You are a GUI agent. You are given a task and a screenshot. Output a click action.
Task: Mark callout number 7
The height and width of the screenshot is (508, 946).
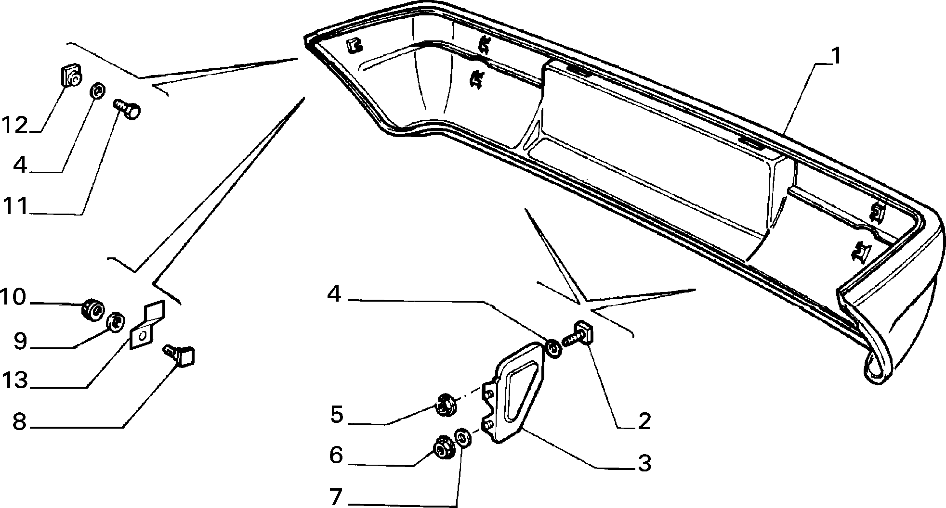[336, 496]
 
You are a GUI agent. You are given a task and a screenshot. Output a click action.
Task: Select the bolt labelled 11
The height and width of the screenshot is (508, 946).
[127, 108]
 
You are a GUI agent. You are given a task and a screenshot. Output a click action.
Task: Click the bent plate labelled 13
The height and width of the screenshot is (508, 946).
[147, 325]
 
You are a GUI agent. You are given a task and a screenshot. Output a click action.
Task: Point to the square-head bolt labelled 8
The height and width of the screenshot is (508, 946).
[181, 355]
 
